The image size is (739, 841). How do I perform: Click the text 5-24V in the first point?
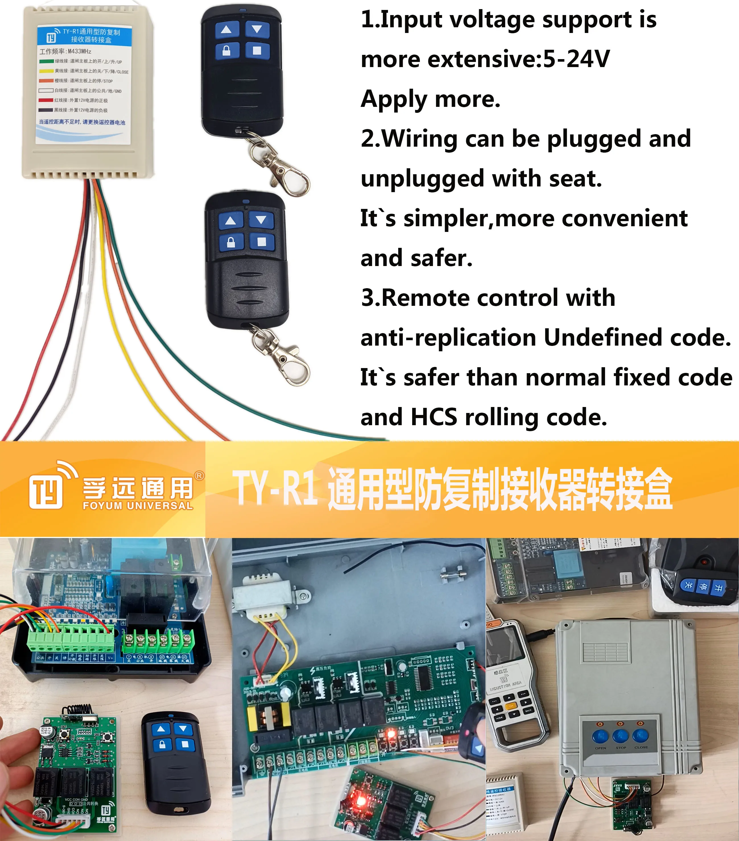[x=576, y=59]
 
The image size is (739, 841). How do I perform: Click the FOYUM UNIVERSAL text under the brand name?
[x=138, y=506]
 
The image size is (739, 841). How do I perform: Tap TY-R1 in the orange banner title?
[x=275, y=488]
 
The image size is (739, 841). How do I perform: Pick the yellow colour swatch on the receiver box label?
[x=46, y=71]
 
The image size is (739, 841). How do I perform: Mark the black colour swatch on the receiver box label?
[x=46, y=110]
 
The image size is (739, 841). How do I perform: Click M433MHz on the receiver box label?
[x=79, y=51]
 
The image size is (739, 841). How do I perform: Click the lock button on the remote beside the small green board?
[x=162, y=744]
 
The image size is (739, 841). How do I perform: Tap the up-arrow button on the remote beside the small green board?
[x=161, y=729]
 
